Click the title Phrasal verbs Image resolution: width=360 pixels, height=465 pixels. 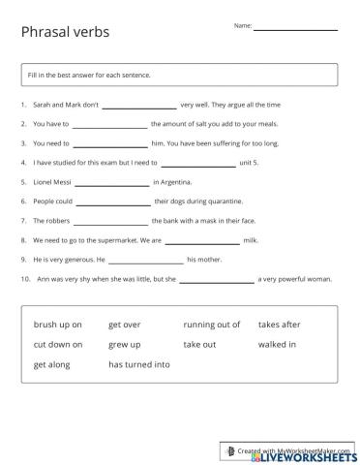[65, 32]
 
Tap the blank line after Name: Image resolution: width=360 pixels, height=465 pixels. [295, 29]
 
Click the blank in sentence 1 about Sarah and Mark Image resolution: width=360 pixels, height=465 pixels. [138, 105]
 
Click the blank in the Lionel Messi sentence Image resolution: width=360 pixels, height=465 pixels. [111, 182]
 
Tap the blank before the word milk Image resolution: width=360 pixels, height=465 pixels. [202, 240]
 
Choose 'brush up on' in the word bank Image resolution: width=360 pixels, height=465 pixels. [57, 325]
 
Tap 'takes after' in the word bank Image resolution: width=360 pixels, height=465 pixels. [279, 325]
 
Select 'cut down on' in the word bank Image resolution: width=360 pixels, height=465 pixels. [57, 345]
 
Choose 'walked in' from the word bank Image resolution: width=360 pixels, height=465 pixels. [277, 345]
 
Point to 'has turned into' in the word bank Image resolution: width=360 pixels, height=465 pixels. [138, 365]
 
